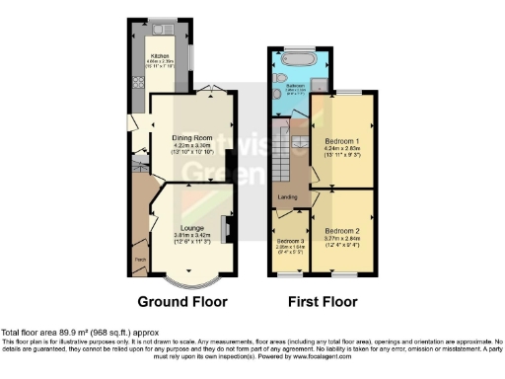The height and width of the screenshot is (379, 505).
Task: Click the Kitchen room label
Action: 161,56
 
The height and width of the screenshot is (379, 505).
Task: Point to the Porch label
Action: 141,261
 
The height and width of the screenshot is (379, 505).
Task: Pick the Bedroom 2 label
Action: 340,230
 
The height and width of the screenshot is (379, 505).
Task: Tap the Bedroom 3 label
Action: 289,241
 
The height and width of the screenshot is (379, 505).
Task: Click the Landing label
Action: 288,197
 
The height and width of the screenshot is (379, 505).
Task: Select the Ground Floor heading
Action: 182,301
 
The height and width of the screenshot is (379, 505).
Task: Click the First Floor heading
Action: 323,301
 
